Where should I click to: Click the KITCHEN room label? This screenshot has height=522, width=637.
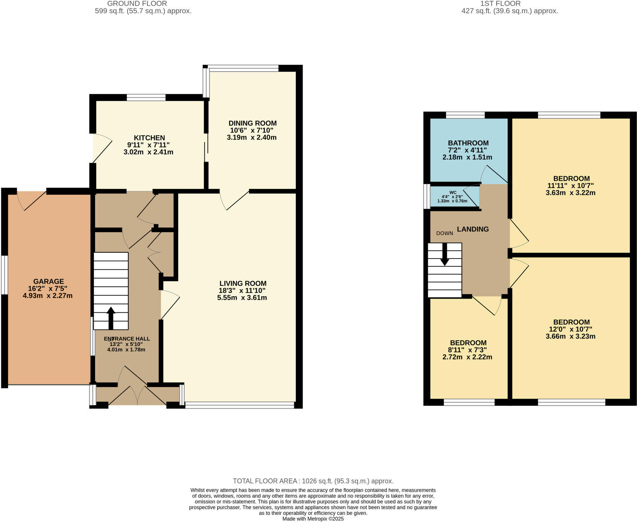pos(149,138)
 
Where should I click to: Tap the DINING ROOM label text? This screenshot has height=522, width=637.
pos(253,123)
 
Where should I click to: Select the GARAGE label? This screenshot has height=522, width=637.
pos(49,281)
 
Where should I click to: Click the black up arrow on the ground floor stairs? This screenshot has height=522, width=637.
pos(111,317)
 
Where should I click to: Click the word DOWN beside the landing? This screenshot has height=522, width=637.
pos(444,233)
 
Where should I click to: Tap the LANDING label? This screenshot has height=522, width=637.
pos(473,229)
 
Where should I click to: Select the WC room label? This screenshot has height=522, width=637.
pos(453,193)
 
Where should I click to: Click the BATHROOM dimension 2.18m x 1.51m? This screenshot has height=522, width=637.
pos(467,158)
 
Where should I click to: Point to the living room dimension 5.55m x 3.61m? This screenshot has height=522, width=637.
pos(242,298)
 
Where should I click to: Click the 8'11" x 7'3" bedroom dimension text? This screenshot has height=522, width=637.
pos(467,350)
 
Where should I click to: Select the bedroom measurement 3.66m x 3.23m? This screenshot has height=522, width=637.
pos(570,336)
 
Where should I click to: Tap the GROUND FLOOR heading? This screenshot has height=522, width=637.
pos(137,4)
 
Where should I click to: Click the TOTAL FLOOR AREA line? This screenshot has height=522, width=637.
pos(313,481)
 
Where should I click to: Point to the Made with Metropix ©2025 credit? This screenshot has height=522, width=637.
pos(313,519)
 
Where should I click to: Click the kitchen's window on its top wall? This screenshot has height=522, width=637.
pos(146,98)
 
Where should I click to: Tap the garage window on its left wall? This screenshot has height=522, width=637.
pos(4,275)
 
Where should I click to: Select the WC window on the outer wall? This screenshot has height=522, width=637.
pos(427,196)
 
